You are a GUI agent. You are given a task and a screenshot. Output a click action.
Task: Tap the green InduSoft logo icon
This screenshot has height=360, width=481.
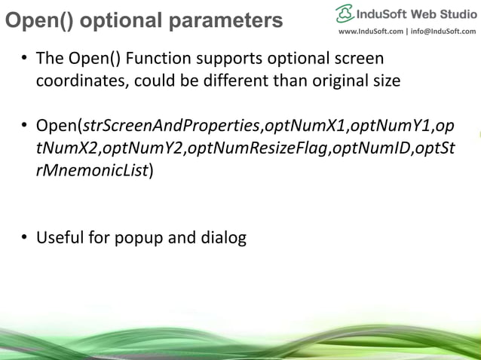[345, 13]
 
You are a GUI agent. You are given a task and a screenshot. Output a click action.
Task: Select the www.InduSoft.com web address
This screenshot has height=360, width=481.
[370, 31]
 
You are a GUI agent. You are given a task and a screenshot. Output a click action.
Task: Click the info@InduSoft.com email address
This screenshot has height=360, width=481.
[443, 31]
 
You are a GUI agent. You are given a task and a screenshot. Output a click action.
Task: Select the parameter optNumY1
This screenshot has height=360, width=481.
[391, 125]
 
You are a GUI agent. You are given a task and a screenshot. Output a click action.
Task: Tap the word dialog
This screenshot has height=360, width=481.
[225, 239]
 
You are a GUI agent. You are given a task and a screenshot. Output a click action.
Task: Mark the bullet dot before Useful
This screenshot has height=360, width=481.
[25, 239]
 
